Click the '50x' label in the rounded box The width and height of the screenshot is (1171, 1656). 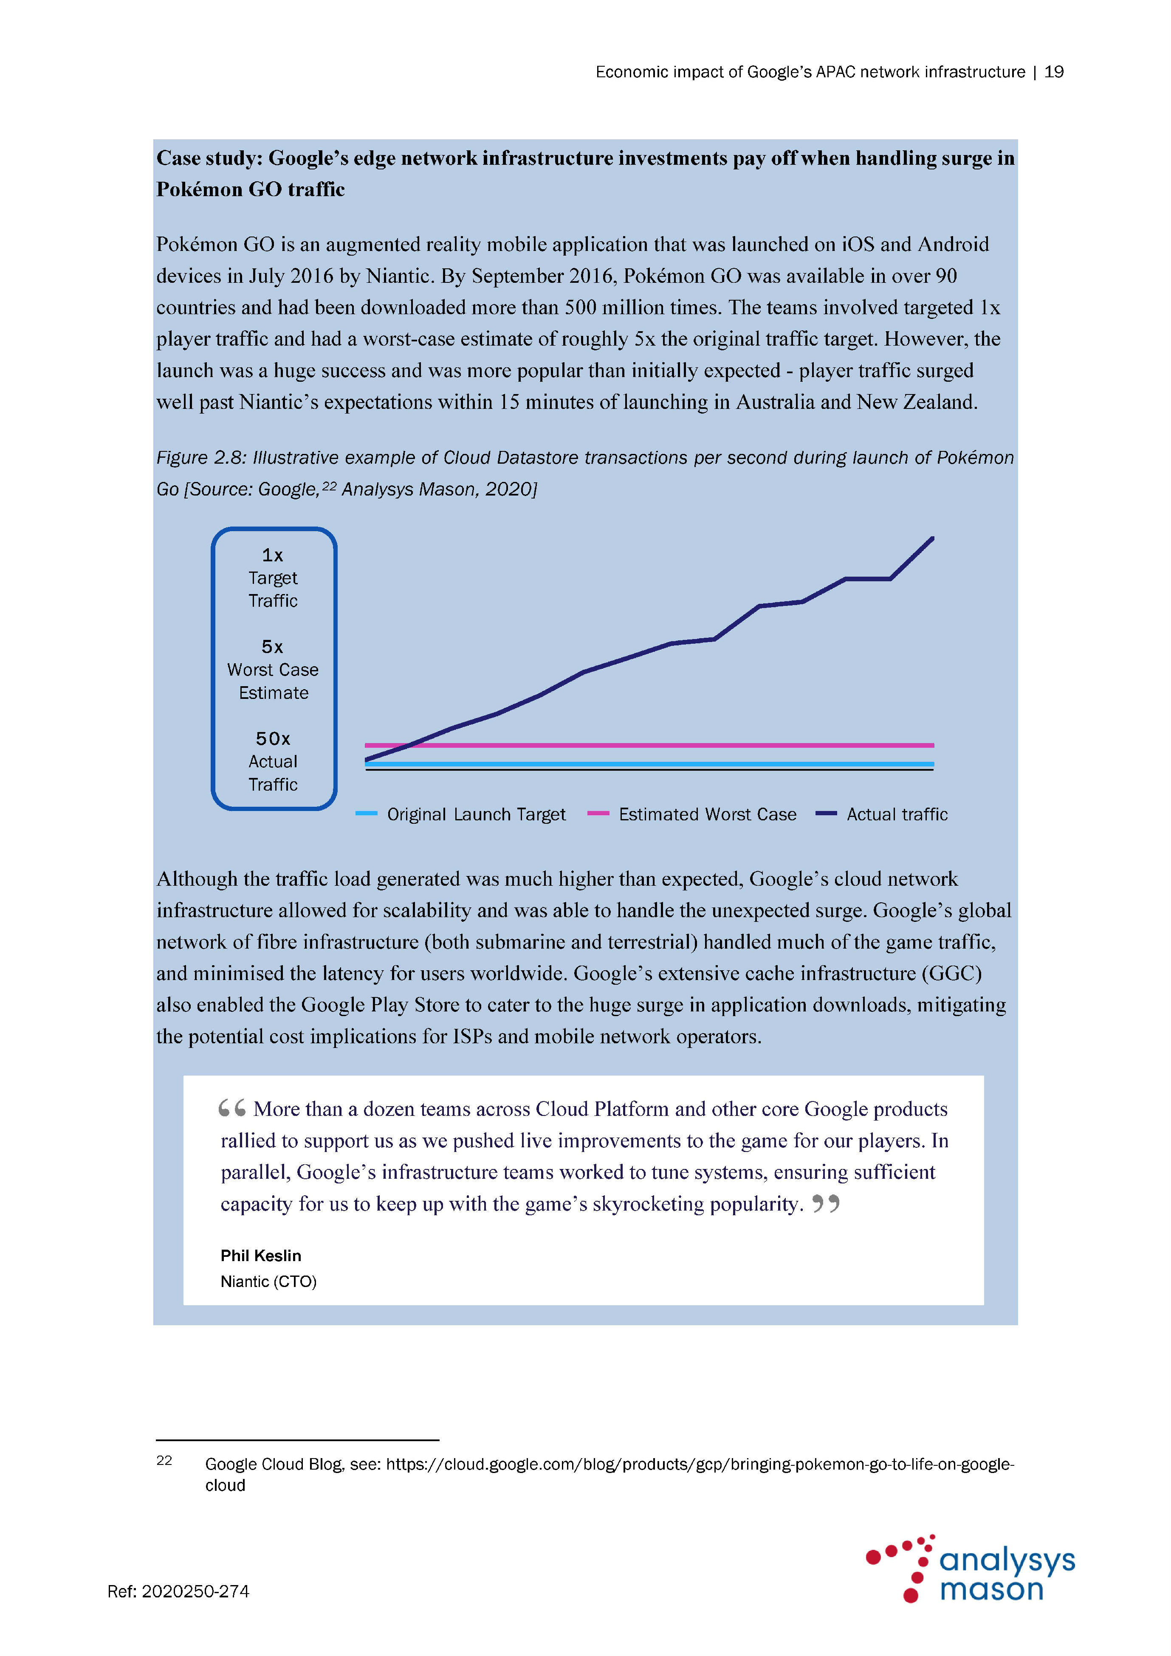(x=273, y=738)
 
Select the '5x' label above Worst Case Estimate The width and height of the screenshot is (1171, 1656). (x=273, y=647)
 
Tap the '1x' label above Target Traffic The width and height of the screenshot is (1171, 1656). (x=273, y=555)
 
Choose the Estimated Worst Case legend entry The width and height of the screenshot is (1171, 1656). (x=693, y=814)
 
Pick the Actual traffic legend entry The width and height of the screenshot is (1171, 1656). (x=882, y=814)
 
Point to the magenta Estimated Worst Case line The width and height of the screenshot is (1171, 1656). (x=649, y=745)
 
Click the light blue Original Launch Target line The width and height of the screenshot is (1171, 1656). (x=649, y=764)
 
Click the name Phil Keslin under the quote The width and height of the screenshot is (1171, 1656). (x=260, y=1256)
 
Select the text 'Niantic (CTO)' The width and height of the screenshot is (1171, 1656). (x=268, y=1281)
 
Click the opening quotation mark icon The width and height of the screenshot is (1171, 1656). (x=232, y=1109)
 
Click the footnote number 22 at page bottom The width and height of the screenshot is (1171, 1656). (x=164, y=1461)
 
